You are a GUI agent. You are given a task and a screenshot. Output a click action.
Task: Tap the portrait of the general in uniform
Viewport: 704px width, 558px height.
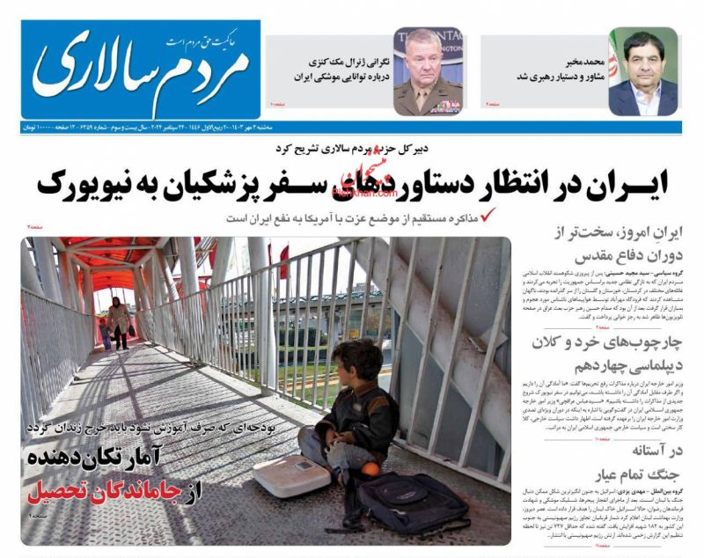coord(429,71)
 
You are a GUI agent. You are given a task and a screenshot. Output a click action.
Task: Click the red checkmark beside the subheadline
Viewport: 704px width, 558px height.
coord(488,214)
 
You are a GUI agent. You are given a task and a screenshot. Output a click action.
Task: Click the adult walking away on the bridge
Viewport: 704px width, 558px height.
coord(119,322)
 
